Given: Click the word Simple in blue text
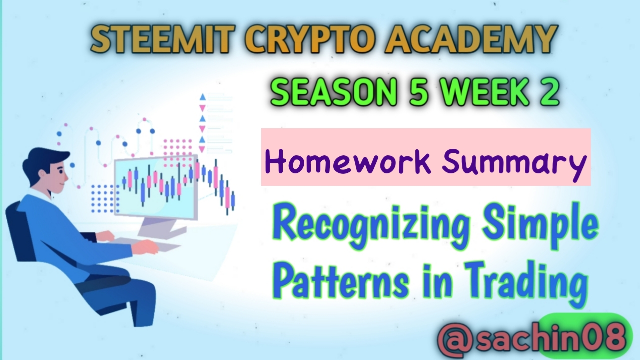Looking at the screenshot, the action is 540,228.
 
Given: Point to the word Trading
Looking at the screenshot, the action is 525,283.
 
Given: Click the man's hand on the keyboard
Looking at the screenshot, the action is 145,247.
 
